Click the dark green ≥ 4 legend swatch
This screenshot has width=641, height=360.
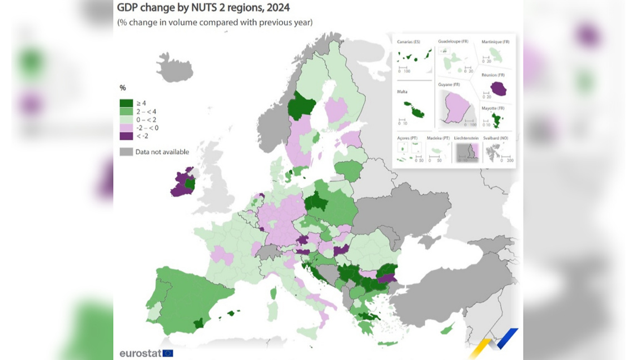[x=126, y=103]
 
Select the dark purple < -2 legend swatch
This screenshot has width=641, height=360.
[x=126, y=136]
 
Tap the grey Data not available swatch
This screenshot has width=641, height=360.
[x=126, y=152]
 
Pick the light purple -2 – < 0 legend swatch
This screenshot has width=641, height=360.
[x=126, y=128]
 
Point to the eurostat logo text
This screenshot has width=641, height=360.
[x=140, y=353]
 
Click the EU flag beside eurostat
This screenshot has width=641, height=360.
[x=168, y=353]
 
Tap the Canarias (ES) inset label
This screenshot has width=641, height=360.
[x=409, y=42]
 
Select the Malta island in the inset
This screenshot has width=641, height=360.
[x=414, y=109]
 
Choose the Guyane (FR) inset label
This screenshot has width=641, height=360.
[x=449, y=84]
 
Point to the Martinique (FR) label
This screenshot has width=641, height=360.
[x=496, y=42]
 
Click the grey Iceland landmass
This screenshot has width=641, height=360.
[x=174, y=69]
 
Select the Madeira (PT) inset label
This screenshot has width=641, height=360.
[x=438, y=138]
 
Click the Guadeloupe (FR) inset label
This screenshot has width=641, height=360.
[x=453, y=42]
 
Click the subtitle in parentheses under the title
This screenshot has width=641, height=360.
[x=215, y=22]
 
